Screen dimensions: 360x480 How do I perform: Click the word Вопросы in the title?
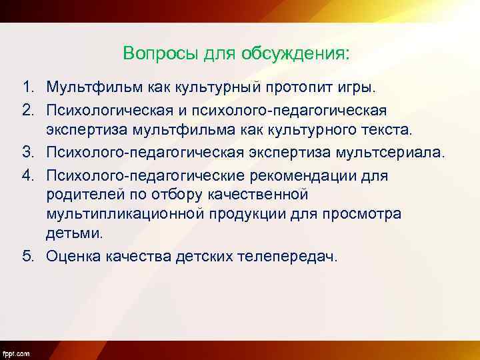pyautogui.click(x=155, y=53)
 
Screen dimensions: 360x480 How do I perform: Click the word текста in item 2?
pyautogui.click(x=407, y=129)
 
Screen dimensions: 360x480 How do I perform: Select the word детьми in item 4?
pyautogui.click(x=75, y=234)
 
